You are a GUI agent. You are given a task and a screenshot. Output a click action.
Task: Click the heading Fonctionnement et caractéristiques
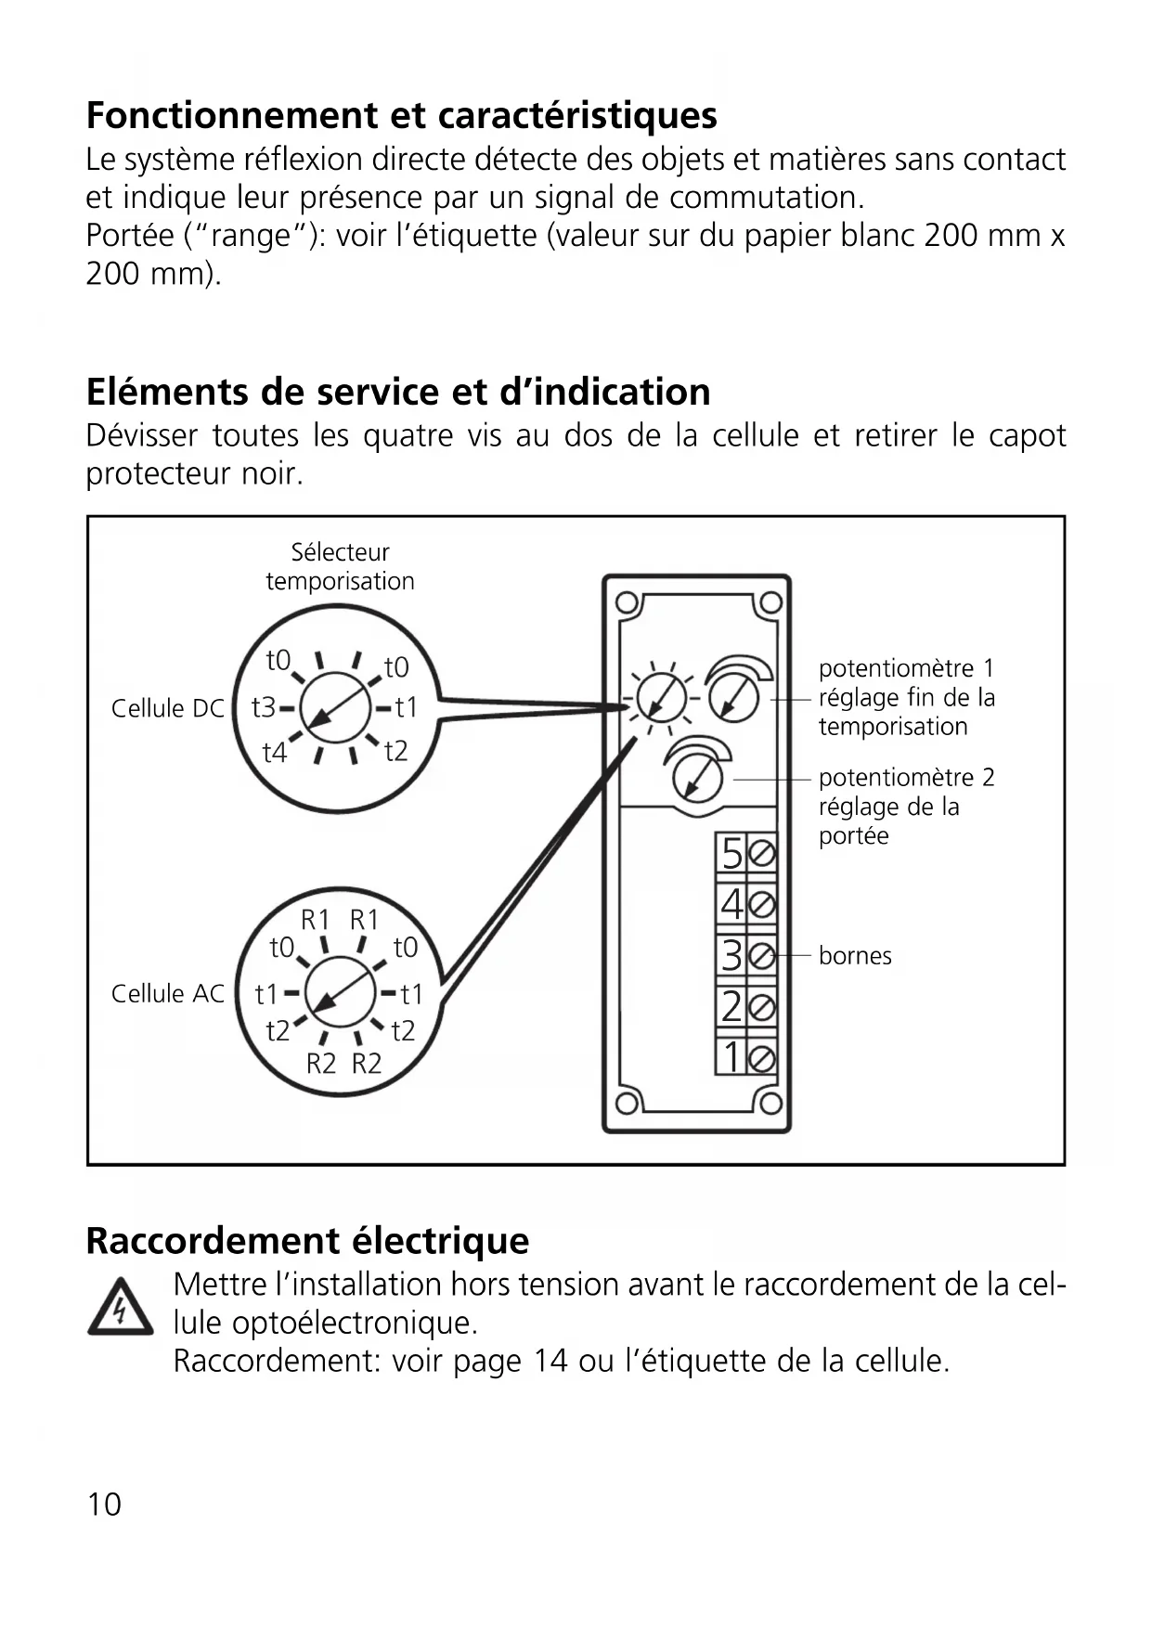(401, 116)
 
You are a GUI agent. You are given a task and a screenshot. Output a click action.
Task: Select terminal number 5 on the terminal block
(732, 853)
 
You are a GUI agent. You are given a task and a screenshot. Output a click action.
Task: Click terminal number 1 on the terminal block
(732, 1057)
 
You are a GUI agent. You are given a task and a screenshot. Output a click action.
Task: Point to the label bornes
(854, 956)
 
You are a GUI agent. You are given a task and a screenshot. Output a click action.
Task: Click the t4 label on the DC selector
(275, 753)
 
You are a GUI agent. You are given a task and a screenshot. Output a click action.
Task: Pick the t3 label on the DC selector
(264, 708)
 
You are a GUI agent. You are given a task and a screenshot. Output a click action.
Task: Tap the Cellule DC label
(167, 709)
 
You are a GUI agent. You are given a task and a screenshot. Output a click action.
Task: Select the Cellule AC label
(167, 994)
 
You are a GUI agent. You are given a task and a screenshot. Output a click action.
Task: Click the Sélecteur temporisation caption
(340, 566)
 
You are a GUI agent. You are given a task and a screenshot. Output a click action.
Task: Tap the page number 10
(104, 1505)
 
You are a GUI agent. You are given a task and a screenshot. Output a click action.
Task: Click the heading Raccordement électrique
(307, 1241)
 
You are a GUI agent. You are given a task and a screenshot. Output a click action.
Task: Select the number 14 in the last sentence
(550, 1362)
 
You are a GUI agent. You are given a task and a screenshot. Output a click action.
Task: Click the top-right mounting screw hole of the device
(770, 603)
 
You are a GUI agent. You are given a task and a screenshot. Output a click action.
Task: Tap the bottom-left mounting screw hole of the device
(627, 1103)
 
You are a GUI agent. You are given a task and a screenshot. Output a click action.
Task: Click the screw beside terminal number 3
(761, 955)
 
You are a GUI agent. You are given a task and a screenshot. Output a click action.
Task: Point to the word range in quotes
(252, 236)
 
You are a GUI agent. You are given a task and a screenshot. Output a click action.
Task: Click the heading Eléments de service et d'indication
(398, 392)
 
